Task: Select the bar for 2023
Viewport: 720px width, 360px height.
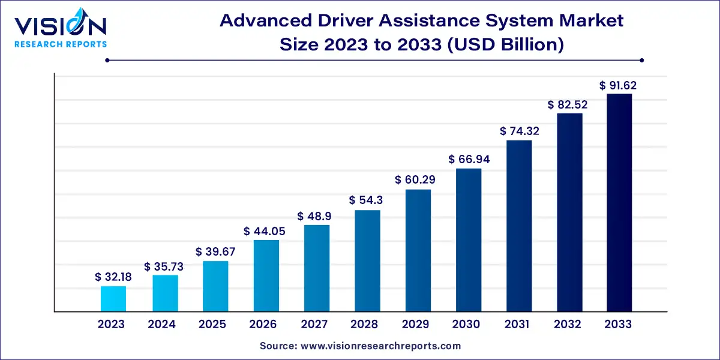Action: click(x=113, y=299)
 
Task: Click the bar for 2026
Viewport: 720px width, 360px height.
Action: click(x=266, y=275)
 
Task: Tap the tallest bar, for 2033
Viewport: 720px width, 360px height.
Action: click(x=619, y=203)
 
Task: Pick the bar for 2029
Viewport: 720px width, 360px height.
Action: click(x=418, y=250)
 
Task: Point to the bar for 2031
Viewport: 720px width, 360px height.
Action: click(x=519, y=226)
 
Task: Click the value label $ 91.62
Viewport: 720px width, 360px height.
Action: click(x=618, y=85)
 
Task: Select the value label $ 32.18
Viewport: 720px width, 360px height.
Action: click(x=113, y=277)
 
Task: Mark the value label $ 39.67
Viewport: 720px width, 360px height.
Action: click(x=215, y=252)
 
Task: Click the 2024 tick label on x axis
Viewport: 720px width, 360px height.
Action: click(x=162, y=325)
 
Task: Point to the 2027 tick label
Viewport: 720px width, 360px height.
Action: click(x=314, y=325)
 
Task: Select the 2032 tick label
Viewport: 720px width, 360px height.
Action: click(x=568, y=325)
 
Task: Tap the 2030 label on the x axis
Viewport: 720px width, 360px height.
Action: click(x=466, y=325)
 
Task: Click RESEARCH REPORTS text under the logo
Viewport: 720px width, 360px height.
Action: click(x=60, y=44)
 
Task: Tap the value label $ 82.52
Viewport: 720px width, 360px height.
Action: click(x=568, y=104)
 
